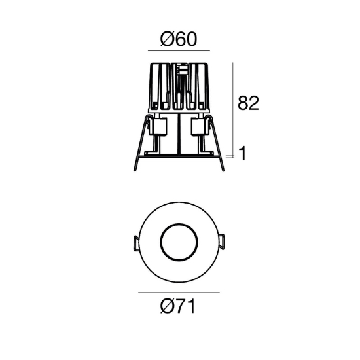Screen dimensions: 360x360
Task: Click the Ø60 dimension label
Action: [179, 39]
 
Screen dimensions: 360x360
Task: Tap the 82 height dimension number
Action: [248, 103]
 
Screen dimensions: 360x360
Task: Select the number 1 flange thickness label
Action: [242, 154]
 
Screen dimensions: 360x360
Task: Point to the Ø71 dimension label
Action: [178, 306]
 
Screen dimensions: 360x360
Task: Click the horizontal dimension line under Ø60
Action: [179, 50]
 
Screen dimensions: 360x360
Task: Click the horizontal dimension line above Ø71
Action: [179, 293]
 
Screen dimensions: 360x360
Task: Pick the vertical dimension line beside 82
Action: [232, 110]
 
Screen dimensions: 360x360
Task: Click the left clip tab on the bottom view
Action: [136, 243]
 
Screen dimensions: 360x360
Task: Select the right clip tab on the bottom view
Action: [221, 242]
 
